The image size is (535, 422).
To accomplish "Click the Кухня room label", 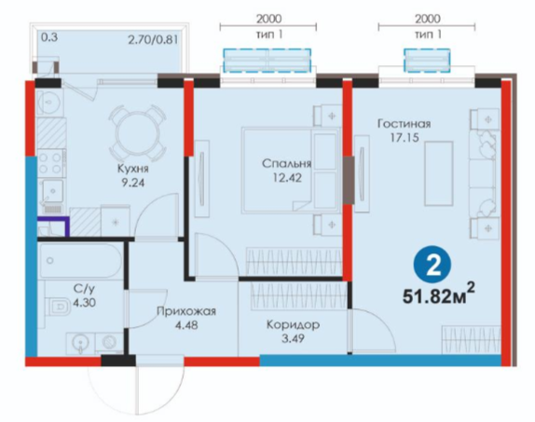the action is click(133, 169).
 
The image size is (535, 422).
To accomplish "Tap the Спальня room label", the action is click(287, 163).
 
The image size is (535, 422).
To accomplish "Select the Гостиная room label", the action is click(404, 124).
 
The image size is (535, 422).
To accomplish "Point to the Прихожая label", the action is click(186, 311).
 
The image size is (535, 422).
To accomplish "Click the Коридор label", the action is click(293, 324).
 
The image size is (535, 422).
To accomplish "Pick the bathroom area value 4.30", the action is click(84, 303).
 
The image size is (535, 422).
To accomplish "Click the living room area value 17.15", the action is click(405, 138).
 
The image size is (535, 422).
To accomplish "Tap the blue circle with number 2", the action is click(432, 265).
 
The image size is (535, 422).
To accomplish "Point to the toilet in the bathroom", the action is click(59, 306).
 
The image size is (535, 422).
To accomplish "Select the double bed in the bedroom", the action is click(291, 170).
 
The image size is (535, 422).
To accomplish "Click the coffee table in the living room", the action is click(439, 173).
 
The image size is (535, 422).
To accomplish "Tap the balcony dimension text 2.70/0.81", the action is click(153, 40).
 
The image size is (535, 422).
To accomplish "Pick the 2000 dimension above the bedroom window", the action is click(268, 19).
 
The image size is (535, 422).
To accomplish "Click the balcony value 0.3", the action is click(49, 37).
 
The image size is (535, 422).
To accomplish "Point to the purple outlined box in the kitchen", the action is click(53, 226).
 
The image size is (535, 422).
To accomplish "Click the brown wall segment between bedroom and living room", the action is click(348, 181).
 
